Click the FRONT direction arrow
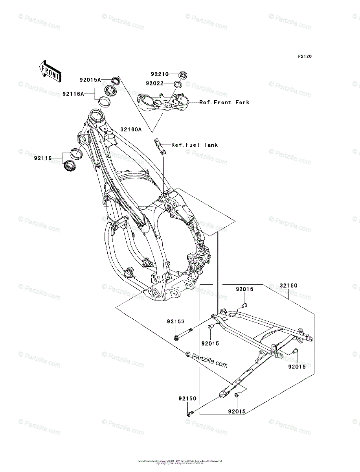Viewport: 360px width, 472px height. (50, 70)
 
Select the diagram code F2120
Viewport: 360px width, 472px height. (304, 57)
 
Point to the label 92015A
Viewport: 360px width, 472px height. (90, 80)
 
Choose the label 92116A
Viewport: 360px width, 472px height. (73, 94)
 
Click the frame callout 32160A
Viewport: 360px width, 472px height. (131, 129)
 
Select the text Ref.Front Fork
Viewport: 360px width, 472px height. (224, 102)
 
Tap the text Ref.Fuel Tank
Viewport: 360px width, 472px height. (195, 145)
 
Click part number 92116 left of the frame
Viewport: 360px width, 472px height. (42, 158)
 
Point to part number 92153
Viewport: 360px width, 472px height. (175, 321)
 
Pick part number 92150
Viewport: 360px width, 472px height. (186, 398)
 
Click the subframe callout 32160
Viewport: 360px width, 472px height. (288, 285)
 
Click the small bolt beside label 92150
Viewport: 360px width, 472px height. (190, 413)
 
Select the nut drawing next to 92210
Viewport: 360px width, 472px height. (182, 75)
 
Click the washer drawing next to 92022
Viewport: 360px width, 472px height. (178, 84)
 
